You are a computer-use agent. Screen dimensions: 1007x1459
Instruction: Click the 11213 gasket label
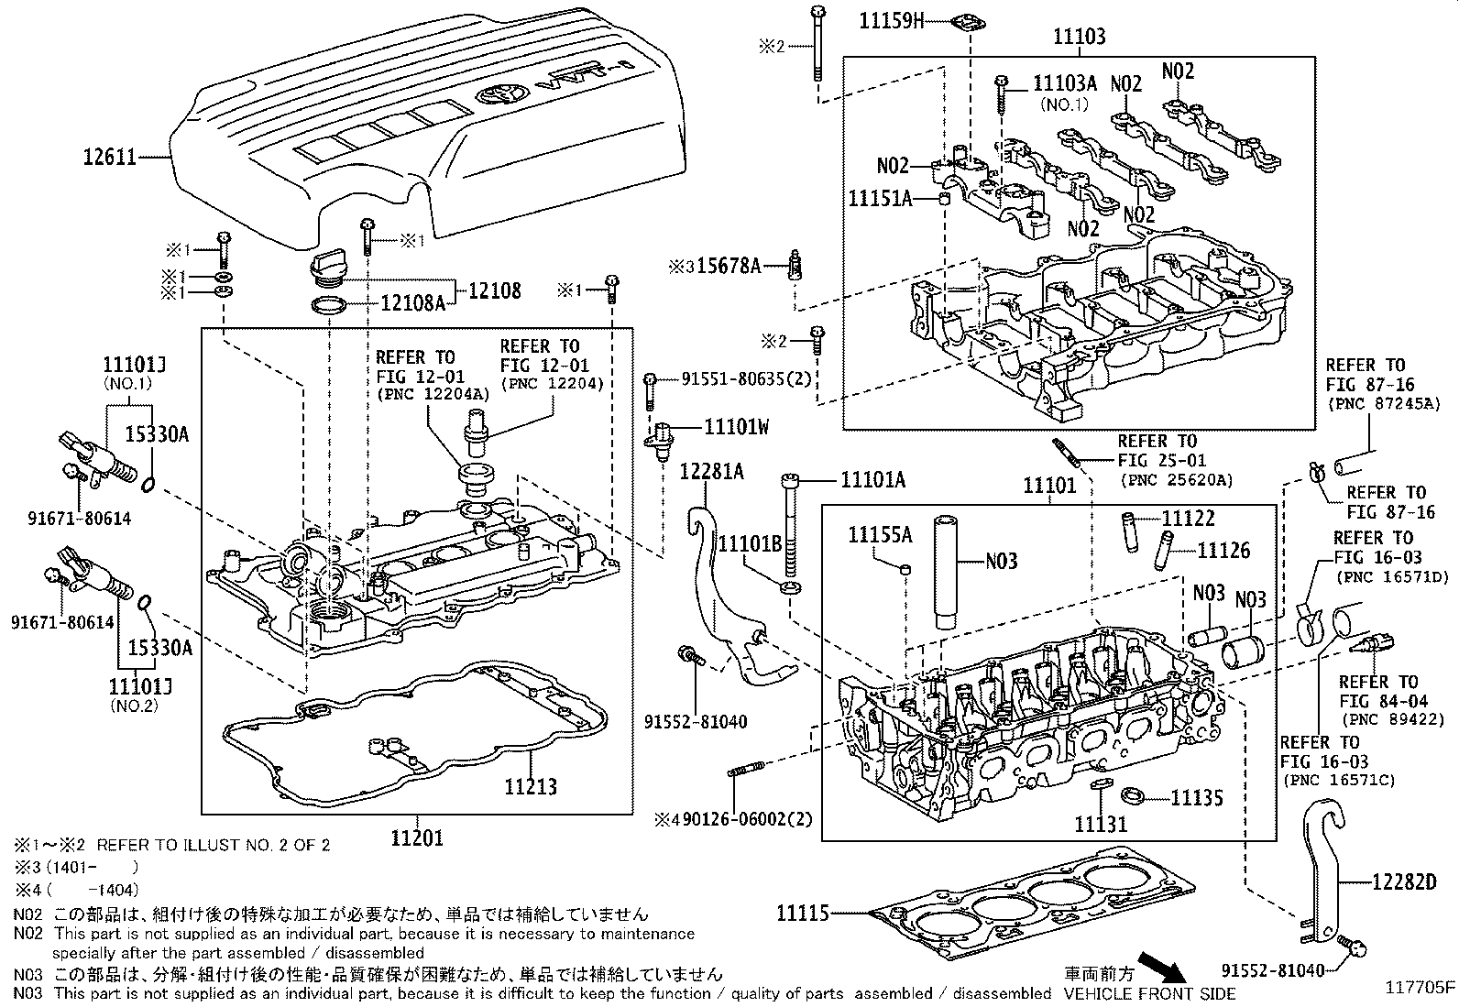coord(531,786)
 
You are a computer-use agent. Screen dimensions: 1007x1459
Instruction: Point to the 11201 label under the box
coord(417,837)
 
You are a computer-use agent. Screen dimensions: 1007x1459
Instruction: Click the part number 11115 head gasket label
coord(802,913)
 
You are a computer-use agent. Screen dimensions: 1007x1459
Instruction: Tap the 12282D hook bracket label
coord(1403,882)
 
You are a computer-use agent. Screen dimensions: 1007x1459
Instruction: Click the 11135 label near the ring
coord(1196,798)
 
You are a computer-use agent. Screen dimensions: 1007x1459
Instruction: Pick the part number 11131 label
coord(1101,824)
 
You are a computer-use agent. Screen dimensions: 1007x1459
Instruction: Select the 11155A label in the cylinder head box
coord(880,535)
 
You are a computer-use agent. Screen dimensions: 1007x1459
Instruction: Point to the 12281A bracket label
coord(711,472)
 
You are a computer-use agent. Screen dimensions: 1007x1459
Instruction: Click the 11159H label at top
coord(892,20)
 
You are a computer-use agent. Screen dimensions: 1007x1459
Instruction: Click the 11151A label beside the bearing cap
coord(880,198)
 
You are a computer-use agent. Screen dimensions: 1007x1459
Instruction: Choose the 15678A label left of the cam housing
coord(728,266)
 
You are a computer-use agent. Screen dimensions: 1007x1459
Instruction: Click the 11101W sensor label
coord(736,426)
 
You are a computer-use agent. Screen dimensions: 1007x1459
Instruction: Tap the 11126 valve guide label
coord(1223,550)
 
